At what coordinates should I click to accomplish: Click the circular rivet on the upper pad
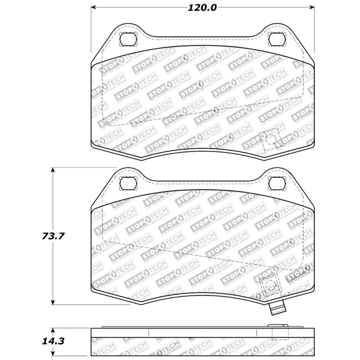pyautogui.click(x=270, y=139)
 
